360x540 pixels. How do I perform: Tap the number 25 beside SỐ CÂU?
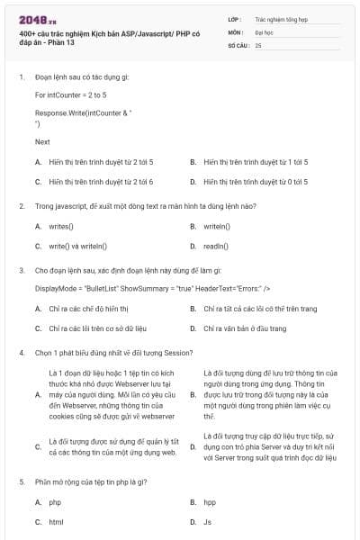(x=258, y=44)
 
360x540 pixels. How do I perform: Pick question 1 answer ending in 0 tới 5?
(x=256, y=181)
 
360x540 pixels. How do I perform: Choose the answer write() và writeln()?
(x=78, y=245)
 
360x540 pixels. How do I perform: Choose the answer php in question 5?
(x=55, y=502)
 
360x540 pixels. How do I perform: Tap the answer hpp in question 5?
(x=210, y=502)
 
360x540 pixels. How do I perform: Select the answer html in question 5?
(x=56, y=521)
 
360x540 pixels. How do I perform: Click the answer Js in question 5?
(x=208, y=521)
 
